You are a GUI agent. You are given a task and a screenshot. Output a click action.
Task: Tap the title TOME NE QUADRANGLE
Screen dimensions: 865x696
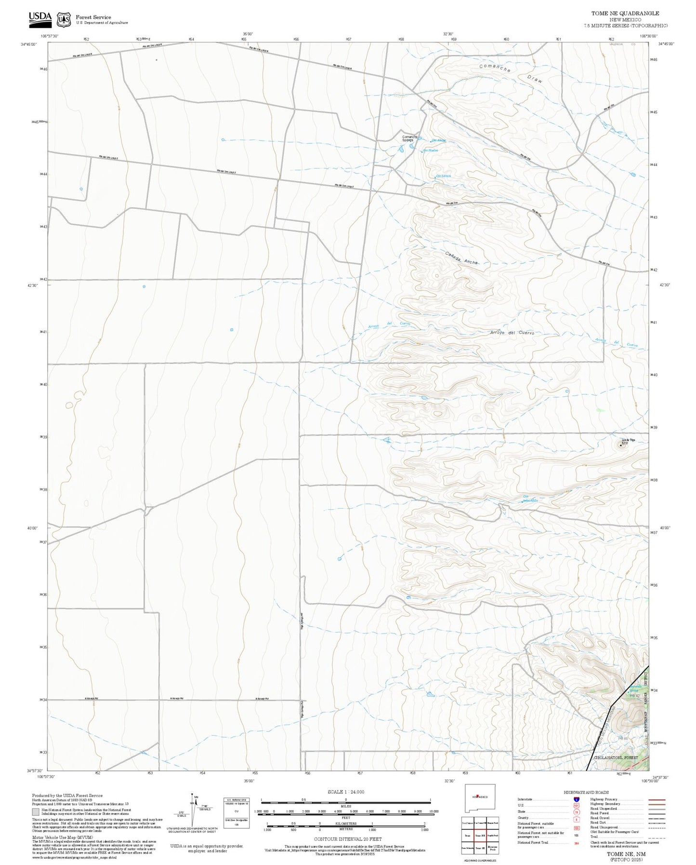(625, 14)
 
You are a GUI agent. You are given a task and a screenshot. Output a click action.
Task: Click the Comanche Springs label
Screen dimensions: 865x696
(410, 138)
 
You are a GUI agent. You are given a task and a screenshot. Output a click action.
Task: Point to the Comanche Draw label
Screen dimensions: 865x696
(511, 73)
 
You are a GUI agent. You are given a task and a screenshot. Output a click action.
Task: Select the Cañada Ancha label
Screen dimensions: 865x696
(461, 257)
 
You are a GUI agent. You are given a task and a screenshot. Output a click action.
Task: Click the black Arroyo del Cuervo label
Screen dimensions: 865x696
(512, 333)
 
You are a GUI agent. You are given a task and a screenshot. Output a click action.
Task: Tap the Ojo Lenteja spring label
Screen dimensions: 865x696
(443, 176)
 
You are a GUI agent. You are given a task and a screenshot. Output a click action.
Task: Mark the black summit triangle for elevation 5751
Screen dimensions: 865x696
(620, 445)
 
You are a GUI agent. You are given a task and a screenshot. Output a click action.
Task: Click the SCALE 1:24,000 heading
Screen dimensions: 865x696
(345, 792)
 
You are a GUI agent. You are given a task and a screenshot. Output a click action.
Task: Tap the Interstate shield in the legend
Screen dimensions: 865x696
(577, 799)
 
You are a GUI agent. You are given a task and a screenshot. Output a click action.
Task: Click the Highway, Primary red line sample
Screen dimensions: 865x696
(657, 799)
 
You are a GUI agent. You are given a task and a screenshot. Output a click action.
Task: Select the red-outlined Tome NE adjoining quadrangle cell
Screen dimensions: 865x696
(480, 836)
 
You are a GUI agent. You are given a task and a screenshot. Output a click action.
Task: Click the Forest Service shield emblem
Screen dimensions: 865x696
(64, 19)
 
